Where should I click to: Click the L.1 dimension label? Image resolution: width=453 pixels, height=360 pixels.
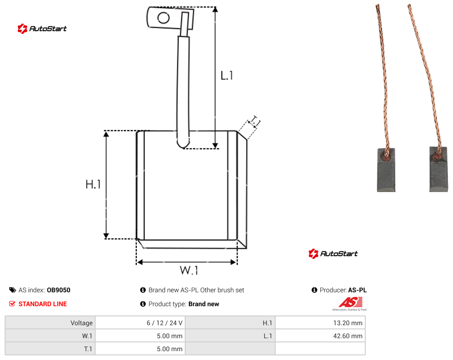click(227, 76)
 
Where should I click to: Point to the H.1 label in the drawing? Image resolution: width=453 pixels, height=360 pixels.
click(93, 184)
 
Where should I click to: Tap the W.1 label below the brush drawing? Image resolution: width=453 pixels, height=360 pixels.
click(189, 270)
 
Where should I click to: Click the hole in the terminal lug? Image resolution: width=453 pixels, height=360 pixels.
click(163, 18)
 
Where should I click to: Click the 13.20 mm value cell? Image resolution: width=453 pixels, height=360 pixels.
click(320, 323)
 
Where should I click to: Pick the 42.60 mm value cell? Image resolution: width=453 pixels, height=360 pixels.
click(320, 336)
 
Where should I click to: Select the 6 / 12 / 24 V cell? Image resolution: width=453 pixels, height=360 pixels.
click(141, 323)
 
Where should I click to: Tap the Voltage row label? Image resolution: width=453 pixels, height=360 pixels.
click(82, 323)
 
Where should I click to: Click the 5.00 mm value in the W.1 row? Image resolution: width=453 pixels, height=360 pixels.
click(169, 336)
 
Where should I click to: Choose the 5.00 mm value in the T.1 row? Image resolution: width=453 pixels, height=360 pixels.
click(169, 349)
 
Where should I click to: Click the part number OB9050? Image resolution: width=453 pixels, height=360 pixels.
click(58, 290)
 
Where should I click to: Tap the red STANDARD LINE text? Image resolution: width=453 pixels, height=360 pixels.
click(43, 304)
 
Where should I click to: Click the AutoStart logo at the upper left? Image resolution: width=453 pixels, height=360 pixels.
click(42, 29)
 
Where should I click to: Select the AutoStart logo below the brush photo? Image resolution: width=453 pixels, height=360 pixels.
click(333, 253)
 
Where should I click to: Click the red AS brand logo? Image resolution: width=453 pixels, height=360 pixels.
click(350, 304)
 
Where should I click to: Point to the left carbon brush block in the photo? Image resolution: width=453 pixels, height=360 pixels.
click(386, 170)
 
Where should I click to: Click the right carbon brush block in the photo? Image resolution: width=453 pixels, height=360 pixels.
click(439, 170)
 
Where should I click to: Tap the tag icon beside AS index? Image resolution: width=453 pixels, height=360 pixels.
click(13, 290)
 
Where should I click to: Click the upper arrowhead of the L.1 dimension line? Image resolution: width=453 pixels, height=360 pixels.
click(215, 10)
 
